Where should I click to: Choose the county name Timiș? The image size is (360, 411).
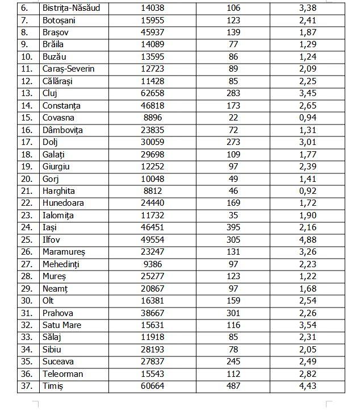pos(53,386)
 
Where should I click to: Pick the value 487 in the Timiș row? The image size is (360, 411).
pos(233,386)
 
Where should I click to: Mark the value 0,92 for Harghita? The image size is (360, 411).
pos(307,191)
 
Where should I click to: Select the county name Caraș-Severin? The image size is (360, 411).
pos(68,69)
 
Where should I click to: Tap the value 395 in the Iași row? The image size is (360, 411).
pos(233,227)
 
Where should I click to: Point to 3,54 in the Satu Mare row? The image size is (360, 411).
pos(307,325)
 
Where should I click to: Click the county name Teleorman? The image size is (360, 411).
pos(62,374)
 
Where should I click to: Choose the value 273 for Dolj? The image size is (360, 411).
pos(233,142)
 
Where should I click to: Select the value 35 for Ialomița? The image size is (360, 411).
pos(233,215)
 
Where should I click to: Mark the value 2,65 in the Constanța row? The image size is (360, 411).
pos(307,106)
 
